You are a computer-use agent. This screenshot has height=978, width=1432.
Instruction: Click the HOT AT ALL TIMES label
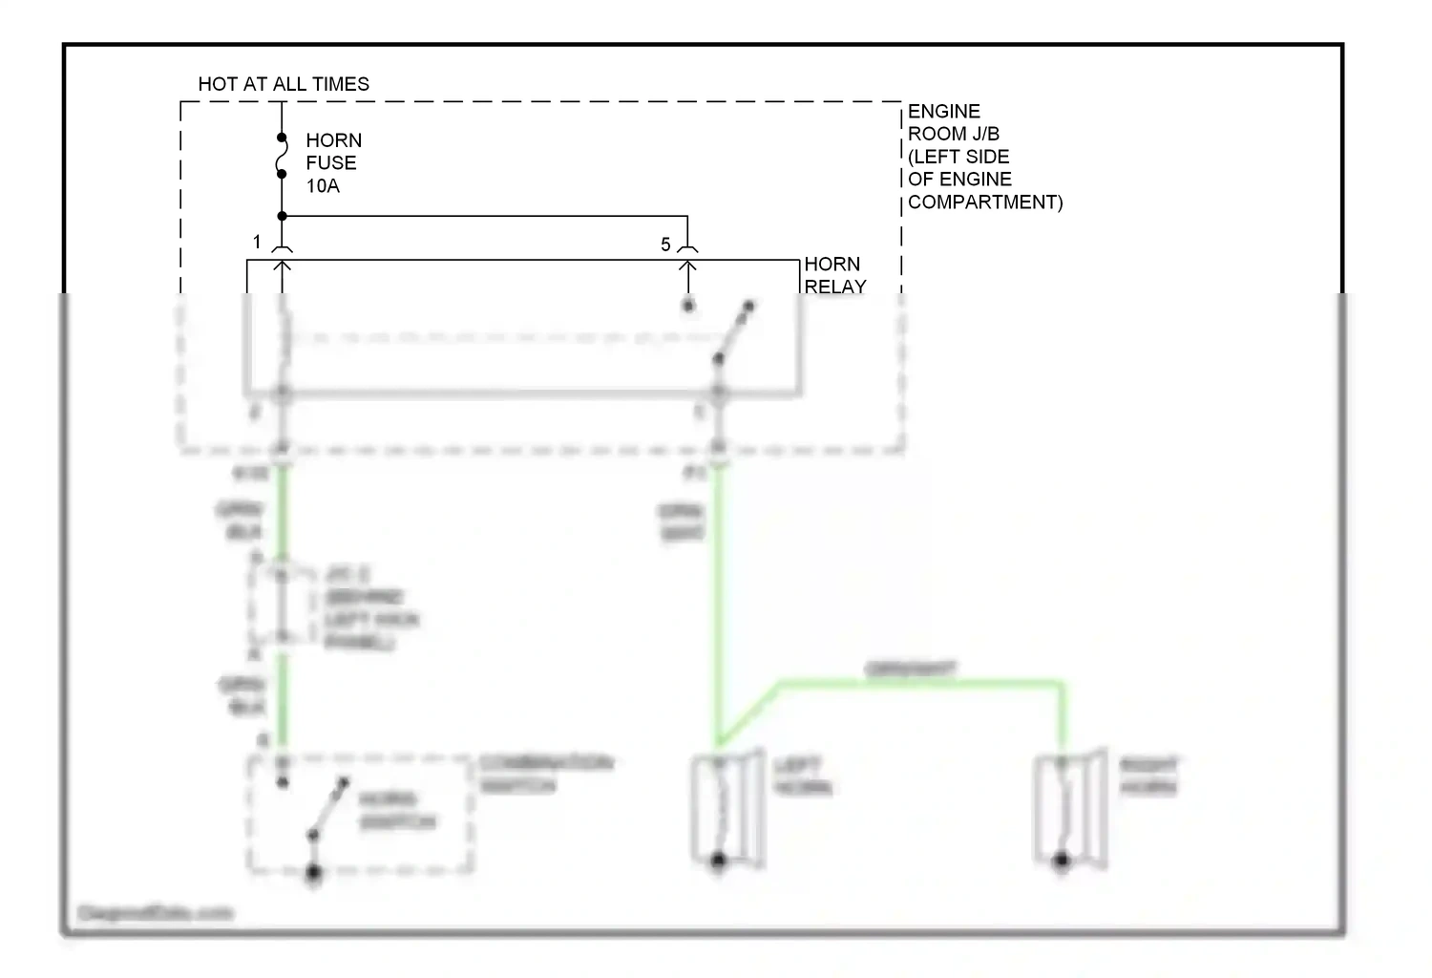point(284,84)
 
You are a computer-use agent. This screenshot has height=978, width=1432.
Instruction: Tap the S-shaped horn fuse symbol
point(282,157)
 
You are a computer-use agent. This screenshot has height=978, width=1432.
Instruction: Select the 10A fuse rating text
point(323,186)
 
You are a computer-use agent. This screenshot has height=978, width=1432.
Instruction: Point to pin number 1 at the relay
point(257,242)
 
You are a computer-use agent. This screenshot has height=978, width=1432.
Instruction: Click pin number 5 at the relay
point(665,245)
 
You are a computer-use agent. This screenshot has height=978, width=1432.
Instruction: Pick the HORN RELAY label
point(835,275)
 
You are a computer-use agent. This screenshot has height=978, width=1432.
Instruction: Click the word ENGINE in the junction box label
point(943,112)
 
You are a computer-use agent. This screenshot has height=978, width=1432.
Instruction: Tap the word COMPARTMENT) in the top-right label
point(984,202)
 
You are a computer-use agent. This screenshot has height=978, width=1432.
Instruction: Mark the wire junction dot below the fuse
point(282,217)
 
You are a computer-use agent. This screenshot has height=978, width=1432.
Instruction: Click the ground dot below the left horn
point(719,861)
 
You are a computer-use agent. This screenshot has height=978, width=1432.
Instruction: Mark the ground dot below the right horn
point(1061,861)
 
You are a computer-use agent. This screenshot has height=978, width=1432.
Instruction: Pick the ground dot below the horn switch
point(313,873)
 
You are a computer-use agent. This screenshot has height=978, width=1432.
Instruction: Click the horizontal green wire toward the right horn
point(916,682)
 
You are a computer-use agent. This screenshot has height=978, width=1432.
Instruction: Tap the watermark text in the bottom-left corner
point(155,913)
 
